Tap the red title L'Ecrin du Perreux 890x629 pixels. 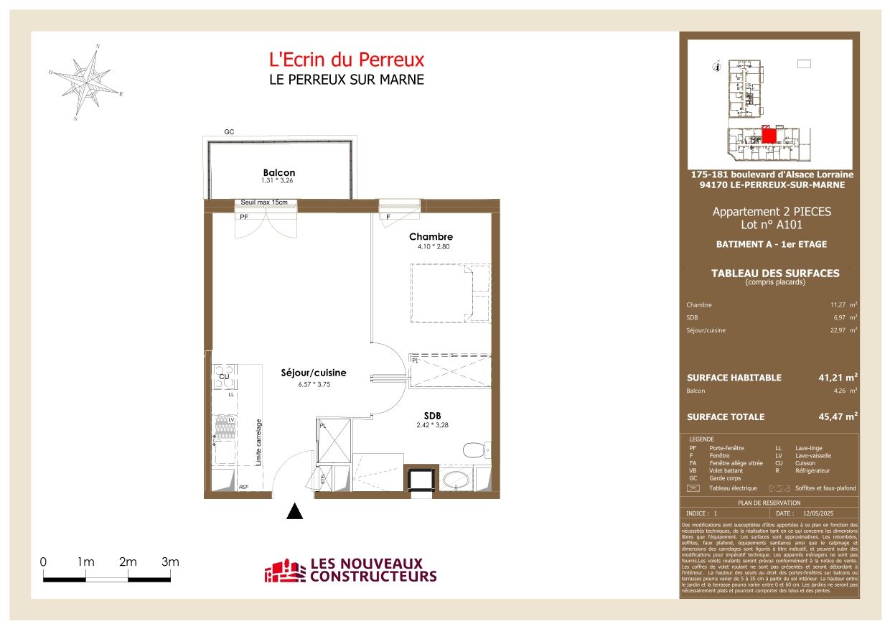click(x=347, y=60)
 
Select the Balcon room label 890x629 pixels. click(x=278, y=172)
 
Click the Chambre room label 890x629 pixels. click(x=431, y=237)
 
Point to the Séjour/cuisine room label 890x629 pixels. click(x=313, y=373)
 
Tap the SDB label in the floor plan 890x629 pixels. click(x=431, y=416)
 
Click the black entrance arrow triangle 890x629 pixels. click(x=294, y=511)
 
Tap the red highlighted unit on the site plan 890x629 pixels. click(x=769, y=136)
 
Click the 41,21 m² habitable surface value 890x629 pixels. click(x=839, y=377)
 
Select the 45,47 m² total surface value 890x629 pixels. click(x=839, y=416)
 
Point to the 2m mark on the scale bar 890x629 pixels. click(x=128, y=562)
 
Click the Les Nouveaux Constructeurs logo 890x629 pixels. click(x=350, y=571)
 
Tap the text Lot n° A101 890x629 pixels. click(x=771, y=225)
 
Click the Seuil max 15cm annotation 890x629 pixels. click(x=264, y=202)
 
